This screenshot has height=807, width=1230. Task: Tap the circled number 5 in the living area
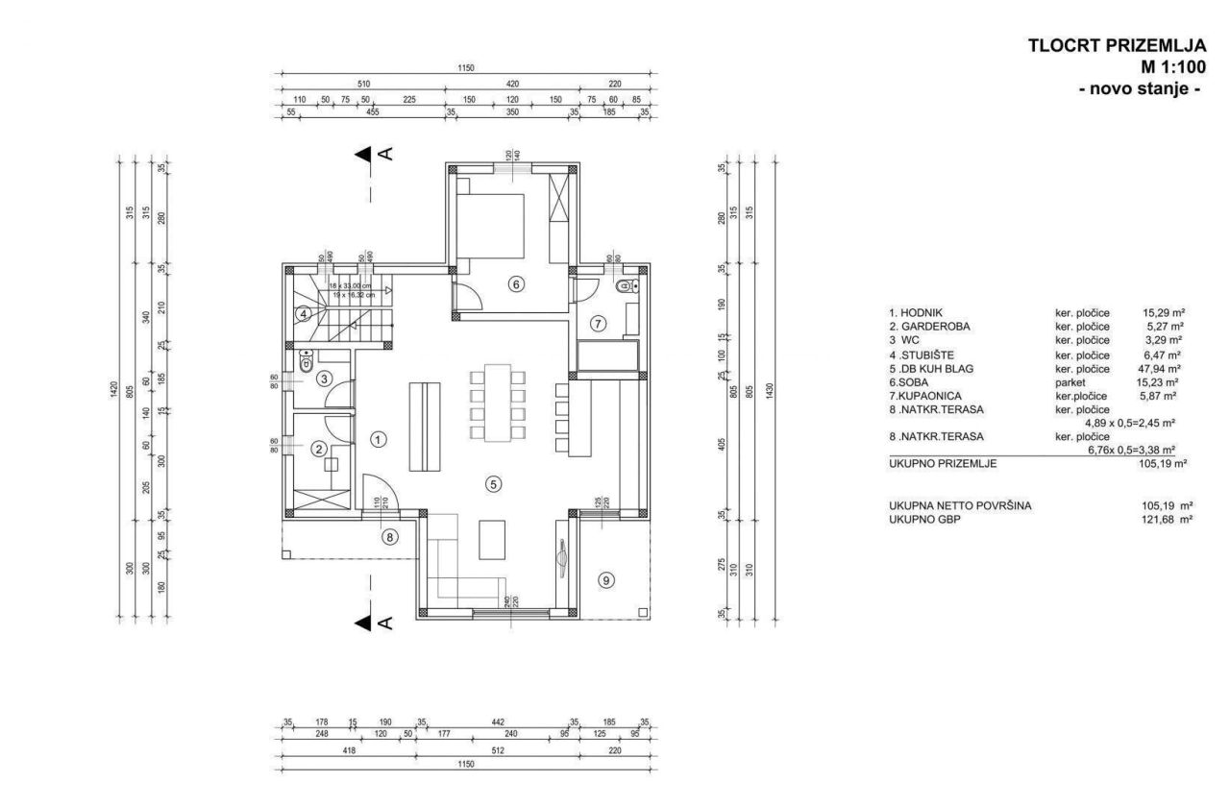[493, 484]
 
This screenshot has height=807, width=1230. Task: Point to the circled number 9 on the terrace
[605, 579]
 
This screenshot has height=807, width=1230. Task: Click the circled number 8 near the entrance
[389, 537]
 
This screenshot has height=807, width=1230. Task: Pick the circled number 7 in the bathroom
[597, 324]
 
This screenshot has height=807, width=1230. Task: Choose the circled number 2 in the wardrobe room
[318, 448]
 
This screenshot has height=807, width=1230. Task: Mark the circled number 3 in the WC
[325, 379]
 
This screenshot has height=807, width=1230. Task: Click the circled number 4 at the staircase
[303, 313]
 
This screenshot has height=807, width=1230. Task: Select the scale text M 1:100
[1172, 67]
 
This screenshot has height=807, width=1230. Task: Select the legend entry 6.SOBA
[909, 381]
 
